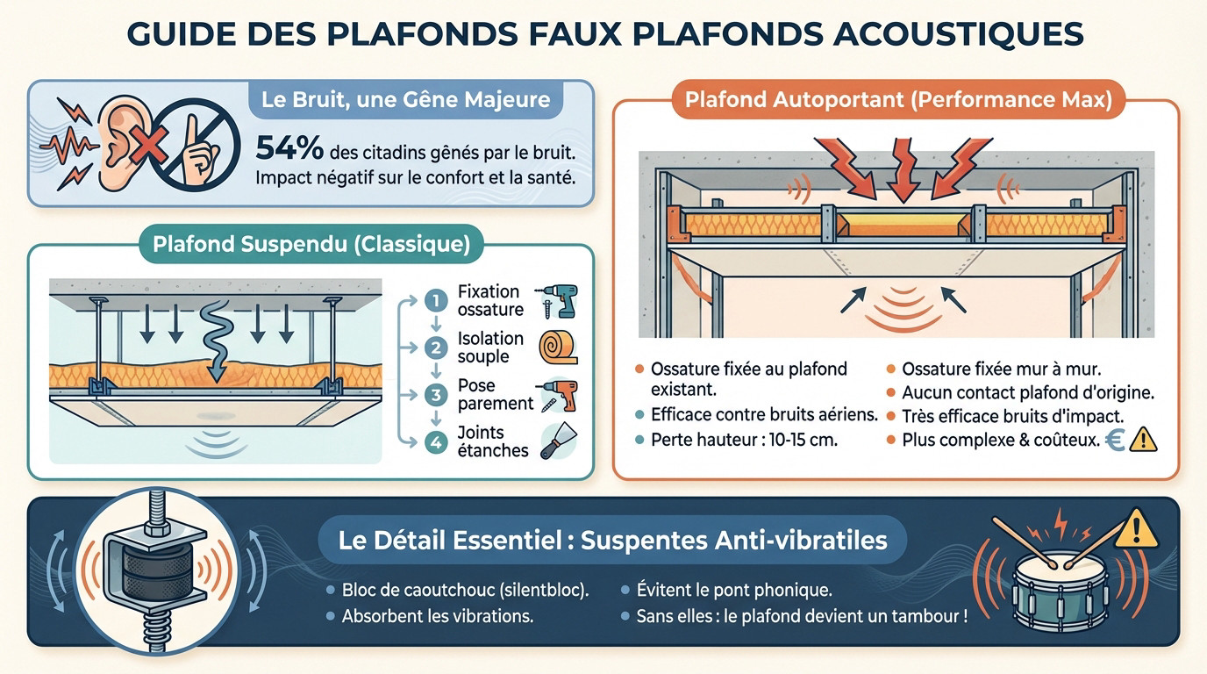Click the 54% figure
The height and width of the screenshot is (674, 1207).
coord(290,147)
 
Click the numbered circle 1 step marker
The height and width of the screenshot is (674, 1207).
coord(435,301)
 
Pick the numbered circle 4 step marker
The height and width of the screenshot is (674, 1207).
coord(435,441)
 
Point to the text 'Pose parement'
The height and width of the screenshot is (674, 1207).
coord(495,395)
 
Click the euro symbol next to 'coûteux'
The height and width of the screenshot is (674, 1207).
coord(1116,439)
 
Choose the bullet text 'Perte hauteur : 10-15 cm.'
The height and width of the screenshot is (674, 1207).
coord(744,440)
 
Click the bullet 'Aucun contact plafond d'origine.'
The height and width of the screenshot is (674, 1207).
coord(1027,392)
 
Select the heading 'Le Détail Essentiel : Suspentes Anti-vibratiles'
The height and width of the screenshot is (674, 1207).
coord(611,539)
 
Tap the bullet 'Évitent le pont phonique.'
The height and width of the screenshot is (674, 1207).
coord(733,590)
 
